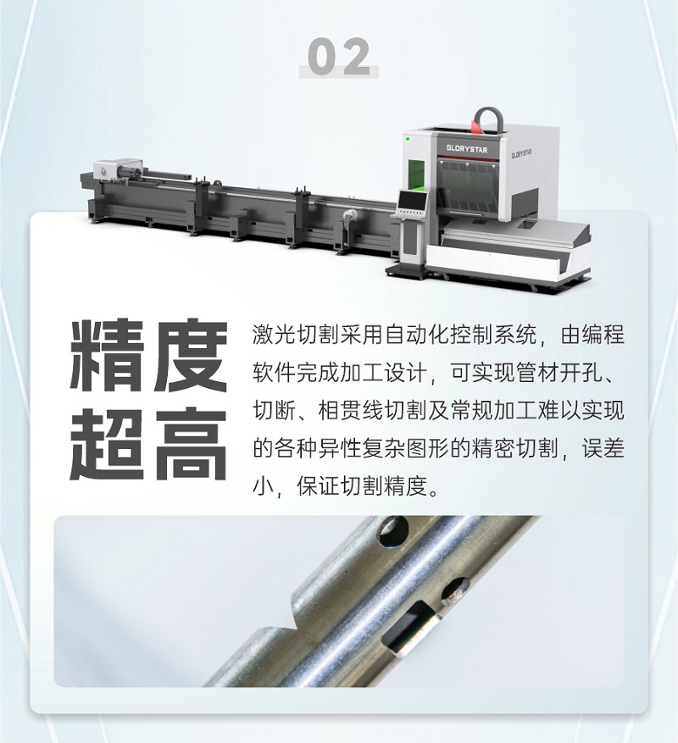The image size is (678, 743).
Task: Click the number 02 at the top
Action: click(x=339, y=57)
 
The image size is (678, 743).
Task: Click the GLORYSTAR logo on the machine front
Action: click(x=470, y=147)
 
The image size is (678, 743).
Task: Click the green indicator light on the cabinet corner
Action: click(x=407, y=136)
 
